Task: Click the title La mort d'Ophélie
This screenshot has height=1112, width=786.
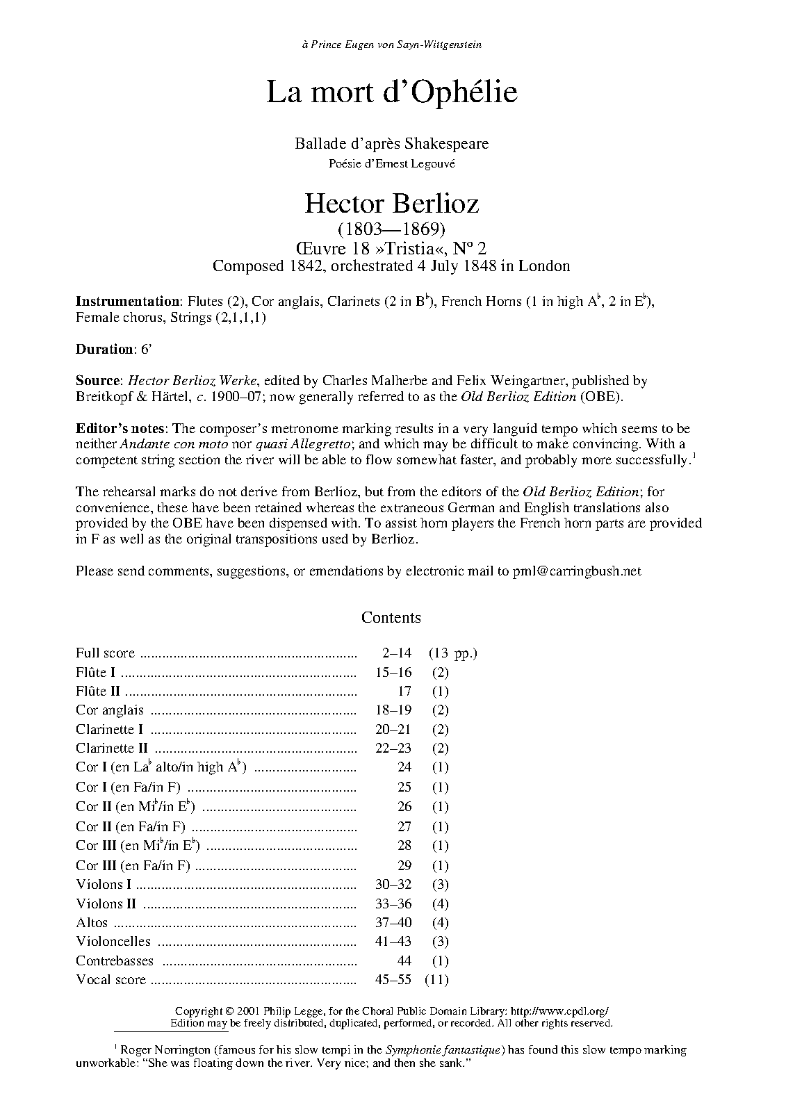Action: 392,93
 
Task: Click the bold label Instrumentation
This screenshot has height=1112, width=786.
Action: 127,302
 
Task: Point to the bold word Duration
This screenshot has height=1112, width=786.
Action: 104,349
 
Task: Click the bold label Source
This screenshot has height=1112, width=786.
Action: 98,381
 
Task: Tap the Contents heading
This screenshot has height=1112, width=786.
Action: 391,618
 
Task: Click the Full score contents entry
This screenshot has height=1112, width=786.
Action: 106,653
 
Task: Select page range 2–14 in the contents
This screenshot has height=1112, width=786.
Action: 396,653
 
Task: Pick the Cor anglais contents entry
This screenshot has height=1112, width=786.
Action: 110,710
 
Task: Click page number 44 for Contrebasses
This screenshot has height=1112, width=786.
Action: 404,961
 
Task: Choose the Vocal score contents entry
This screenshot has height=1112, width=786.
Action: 111,980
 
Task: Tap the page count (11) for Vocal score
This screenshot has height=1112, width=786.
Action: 439,980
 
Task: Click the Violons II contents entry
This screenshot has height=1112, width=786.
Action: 106,904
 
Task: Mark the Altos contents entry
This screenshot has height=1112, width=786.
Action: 92,923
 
